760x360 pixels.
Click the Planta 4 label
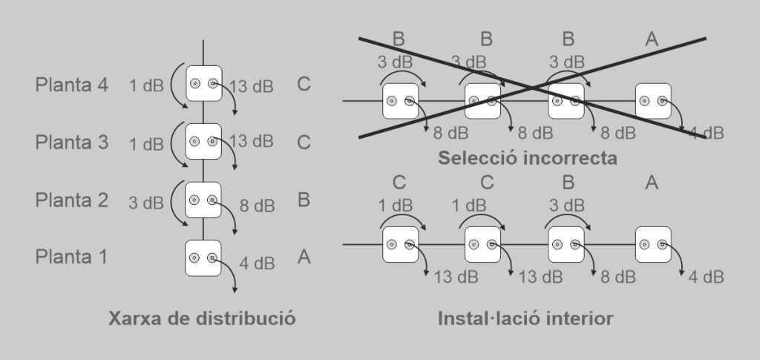[71, 85]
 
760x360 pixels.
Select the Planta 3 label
[71, 142]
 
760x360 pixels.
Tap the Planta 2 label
[71, 200]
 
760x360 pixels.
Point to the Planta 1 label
[71, 257]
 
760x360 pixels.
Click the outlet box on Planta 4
[203, 85]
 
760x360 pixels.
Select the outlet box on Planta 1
[203, 258]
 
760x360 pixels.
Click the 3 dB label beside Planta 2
[145, 203]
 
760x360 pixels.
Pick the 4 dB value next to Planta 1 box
[257, 263]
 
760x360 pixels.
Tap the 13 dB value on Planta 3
[251, 141]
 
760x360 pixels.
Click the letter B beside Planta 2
[303, 200]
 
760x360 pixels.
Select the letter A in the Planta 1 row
[303, 257]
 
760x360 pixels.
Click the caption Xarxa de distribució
[202, 319]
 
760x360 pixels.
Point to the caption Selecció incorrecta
[527, 157]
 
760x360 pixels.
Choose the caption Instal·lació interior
[525, 319]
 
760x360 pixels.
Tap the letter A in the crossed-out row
[652, 40]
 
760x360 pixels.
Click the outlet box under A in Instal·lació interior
[653, 243]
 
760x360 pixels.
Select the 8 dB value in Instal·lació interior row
[617, 277]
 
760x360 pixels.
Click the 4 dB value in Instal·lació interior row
[706, 277]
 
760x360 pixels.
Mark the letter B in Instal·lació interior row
[569, 183]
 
